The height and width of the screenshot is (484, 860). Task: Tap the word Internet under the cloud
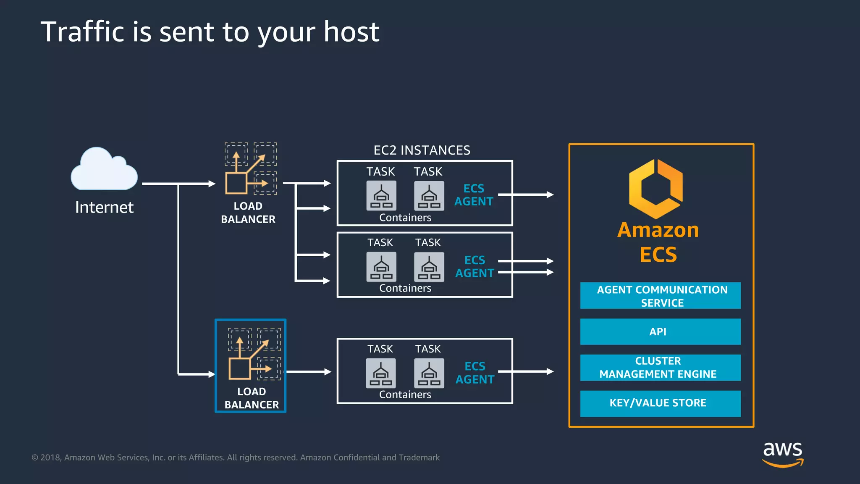click(104, 207)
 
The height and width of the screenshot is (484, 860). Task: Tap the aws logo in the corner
click(782, 454)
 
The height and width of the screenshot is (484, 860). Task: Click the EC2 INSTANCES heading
click(422, 150)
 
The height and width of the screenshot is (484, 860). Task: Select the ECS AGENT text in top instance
click(474, 195)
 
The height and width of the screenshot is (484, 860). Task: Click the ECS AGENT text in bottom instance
click(475, 373)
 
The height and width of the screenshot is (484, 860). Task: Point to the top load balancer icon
click(251, 168)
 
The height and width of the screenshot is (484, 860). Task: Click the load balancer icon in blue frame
click(254, 354)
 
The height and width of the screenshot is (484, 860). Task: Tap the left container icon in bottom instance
click(381, 373)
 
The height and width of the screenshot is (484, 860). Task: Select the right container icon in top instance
click(429, 196)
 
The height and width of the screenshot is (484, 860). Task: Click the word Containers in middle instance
click(405, 288)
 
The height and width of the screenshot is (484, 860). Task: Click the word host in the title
click(351, 32)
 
